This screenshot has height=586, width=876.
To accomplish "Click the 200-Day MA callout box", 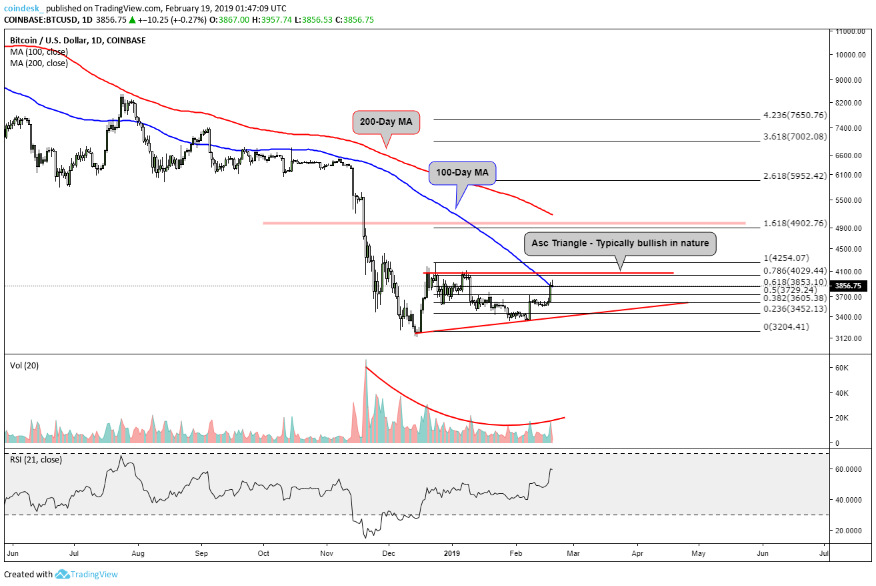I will point(387,123).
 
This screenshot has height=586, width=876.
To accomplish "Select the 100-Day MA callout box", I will point(462,172).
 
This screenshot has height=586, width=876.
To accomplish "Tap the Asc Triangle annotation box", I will point(620,244).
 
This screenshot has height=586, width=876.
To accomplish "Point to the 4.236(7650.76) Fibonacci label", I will point(795,115).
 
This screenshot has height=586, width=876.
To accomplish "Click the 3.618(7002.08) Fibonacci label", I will point(795,137).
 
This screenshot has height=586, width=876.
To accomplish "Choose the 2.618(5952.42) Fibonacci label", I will point(795,176).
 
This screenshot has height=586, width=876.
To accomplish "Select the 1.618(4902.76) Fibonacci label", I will point(795,223).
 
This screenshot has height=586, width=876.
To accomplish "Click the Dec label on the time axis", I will point(389,553).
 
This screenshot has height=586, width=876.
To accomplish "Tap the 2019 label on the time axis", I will point(451,553).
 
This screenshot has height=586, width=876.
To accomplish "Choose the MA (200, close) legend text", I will point(38,63).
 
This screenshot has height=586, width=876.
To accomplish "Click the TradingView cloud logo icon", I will point(63,574).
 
